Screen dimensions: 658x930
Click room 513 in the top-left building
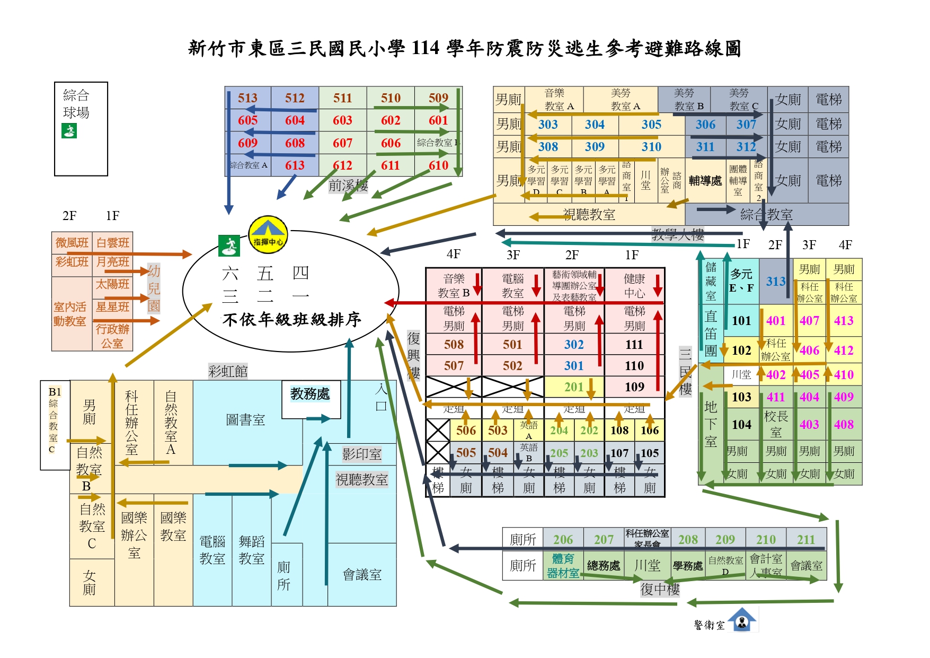(x=247, y=98)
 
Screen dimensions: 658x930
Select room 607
(x=342, y=143)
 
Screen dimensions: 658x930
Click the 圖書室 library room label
(x=245, y=420)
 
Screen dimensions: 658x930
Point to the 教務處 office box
(x=310, y=394)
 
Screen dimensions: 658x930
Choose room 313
(x=776, y=282)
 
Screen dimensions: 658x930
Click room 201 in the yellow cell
(x=574, y=387)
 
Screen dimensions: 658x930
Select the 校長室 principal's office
(x=776, y=424)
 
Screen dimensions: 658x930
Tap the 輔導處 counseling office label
(x=705, y=181)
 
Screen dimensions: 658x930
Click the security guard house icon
(x=742, y=620)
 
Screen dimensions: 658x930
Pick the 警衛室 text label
(x=709, y=625)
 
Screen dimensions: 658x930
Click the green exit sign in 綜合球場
(x=69, y=130)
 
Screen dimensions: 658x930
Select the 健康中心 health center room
(x=634, y=286)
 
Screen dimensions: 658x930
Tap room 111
(x=634, y=345)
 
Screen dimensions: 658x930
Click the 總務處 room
(x=603, y=566)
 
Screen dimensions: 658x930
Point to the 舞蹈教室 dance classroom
(x=251, y=550)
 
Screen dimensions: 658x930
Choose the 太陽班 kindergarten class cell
(x=112, y=284)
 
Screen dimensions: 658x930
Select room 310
(x=651, y=147)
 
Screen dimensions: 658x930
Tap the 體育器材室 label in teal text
(x=563, y=566)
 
